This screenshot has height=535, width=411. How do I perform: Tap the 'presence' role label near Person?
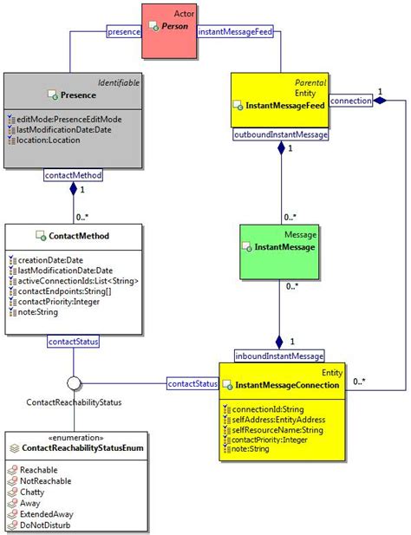[123, 32]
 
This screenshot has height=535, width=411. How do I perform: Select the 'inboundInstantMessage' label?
[279, 355]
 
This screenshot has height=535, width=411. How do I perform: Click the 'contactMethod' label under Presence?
[73, 175]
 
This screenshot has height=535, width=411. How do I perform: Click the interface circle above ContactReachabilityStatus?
[74, 382]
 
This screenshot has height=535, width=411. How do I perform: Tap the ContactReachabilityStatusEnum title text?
[82, 448]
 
